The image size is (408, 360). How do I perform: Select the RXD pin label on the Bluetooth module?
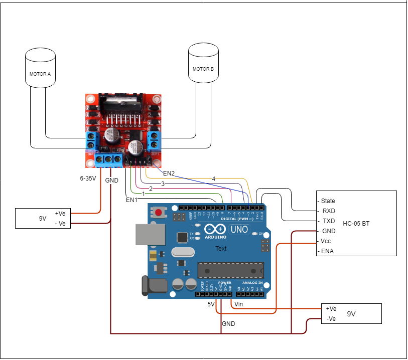[328, 211]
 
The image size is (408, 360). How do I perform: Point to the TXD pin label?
[328, 221]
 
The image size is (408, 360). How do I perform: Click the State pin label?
[328, 201]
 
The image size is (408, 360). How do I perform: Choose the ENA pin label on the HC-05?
[327, 251]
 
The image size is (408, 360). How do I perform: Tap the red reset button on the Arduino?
[159, 213]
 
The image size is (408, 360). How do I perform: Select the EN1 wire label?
[131, 200]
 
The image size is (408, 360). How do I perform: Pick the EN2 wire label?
[169, 173]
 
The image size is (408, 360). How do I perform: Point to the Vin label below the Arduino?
[239, 304]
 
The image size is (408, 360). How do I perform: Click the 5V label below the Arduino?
[211, 304]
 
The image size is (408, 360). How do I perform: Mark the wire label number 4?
[213, 178]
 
